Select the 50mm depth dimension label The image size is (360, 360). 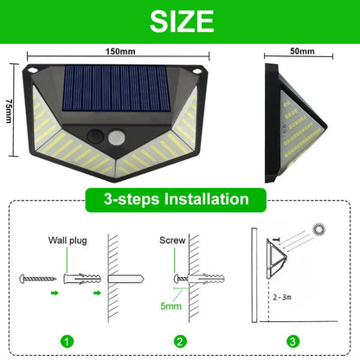click(302, 51)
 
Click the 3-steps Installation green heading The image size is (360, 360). click(180, 200)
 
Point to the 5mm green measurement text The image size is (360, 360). click(171, 305)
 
